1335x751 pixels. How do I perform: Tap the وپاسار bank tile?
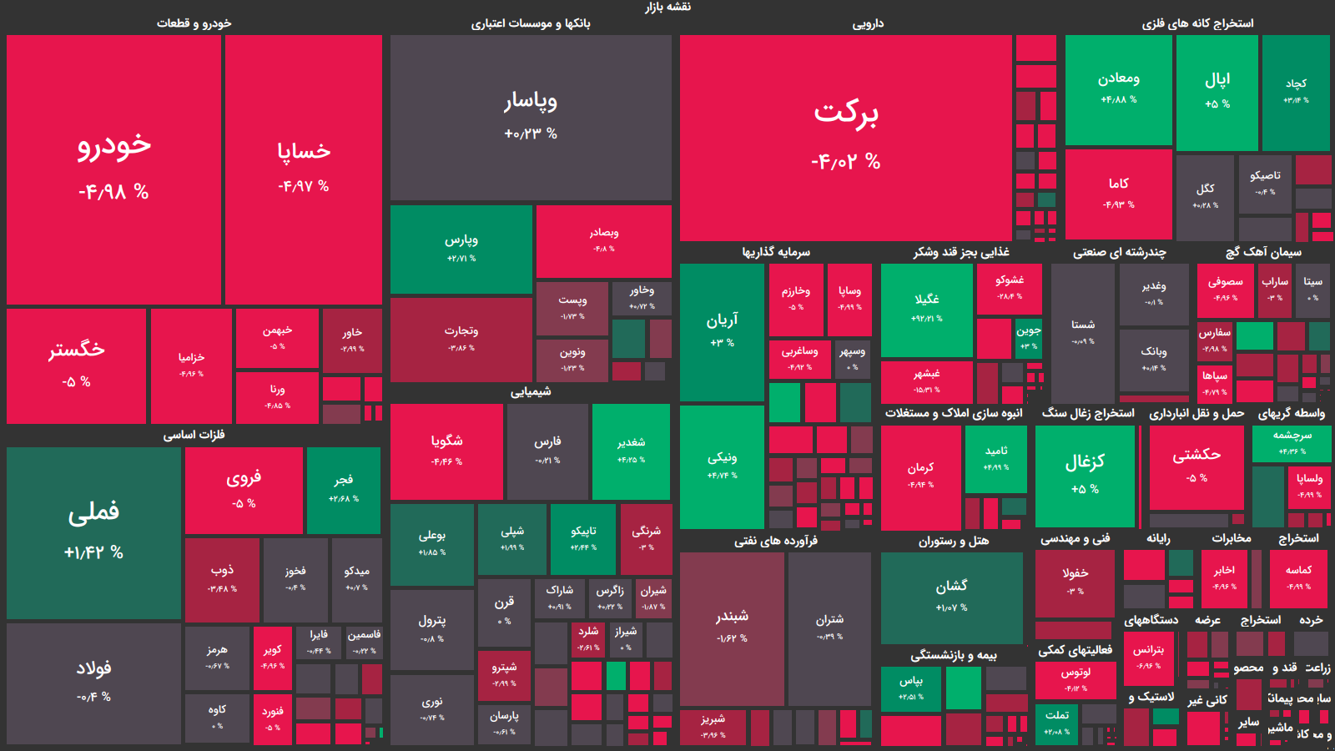point(531,117)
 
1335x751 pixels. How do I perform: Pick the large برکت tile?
point(845,138)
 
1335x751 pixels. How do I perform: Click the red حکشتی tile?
point(1196,466)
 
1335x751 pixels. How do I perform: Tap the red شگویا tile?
point(446,451)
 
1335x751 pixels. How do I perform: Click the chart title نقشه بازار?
point(667,8)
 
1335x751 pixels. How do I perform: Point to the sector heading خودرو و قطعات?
point(194,23)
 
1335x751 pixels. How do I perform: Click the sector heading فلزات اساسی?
point(194,435)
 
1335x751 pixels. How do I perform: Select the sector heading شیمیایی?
point(531,391)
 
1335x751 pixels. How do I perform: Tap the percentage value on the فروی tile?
point(244,504)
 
